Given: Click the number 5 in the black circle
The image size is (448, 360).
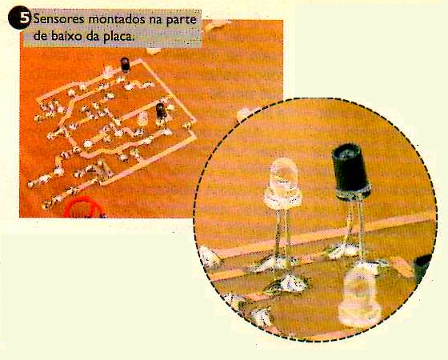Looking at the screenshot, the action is pyautogui.click(x=25, y=18).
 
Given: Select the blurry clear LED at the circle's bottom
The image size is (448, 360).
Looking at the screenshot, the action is pyautogui.click(x=359, y=296).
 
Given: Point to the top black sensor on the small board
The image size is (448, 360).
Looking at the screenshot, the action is pyautogui.click(x=125, y=64).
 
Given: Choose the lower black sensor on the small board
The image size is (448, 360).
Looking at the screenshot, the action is pyautogui.click(x=161, y=111).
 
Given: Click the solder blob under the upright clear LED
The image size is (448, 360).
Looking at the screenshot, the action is pyautogui.click(x=289, y=284).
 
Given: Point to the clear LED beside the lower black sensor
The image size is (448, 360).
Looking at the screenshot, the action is pyautogui.click(x=142, y=118).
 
